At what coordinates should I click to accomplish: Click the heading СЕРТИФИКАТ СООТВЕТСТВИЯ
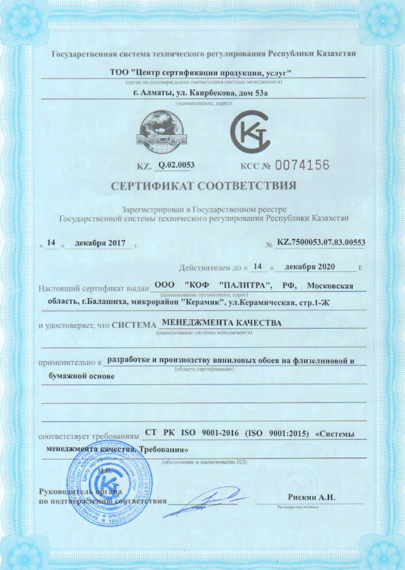[204, 186]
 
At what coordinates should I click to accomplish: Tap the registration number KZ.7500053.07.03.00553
[321, 242]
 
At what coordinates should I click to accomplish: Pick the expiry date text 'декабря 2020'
[316, 266]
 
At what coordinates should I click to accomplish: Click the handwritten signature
[202, 501]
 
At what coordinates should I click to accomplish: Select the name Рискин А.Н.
[317, 497]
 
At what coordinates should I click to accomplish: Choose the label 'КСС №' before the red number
[254, 167]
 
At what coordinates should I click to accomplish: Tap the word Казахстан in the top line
[332, 54]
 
